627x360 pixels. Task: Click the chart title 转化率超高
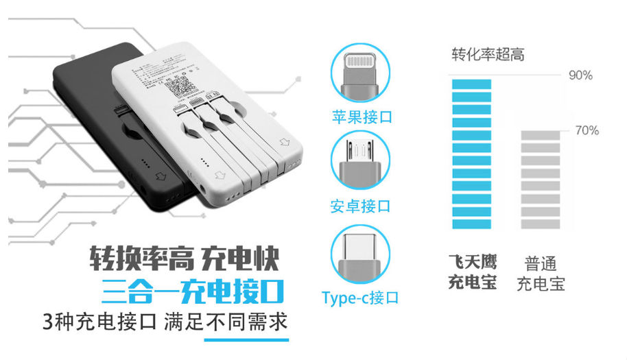pyautogui.click(x=488, y=55)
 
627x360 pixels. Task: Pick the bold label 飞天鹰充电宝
pyautogui.click(x=473, y=272)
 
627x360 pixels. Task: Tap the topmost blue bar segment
pyautogui.click(x=471, y=84)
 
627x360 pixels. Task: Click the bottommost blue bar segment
pyautogui.click(x=471, y=224)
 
